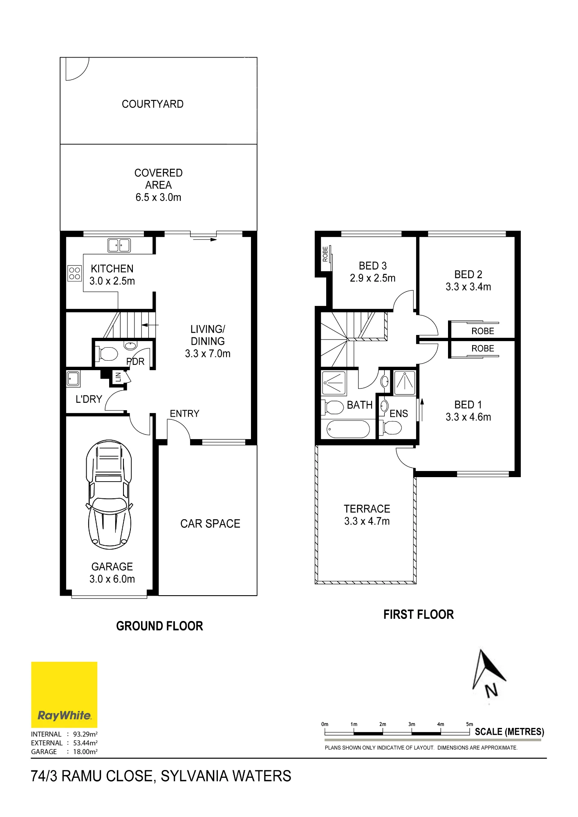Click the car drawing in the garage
pos(109,495)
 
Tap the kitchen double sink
pos(119,245)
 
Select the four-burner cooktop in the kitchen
pos(75,273)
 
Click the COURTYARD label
pos(152,104)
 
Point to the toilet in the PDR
pos(106,354)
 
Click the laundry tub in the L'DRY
pos(74,379)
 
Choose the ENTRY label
pos(184,413)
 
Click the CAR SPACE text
pos(210,524)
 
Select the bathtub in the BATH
pos(348,429)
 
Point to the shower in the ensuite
pos(405,382)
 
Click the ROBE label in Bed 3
pos(325,254)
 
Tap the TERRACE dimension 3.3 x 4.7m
pos(367,521)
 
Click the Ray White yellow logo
pos(64,694)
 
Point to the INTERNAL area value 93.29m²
pos(85,734)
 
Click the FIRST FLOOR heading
pos(419,614)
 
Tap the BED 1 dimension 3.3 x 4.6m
pos(468,417)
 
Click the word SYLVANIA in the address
pos(193,776)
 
